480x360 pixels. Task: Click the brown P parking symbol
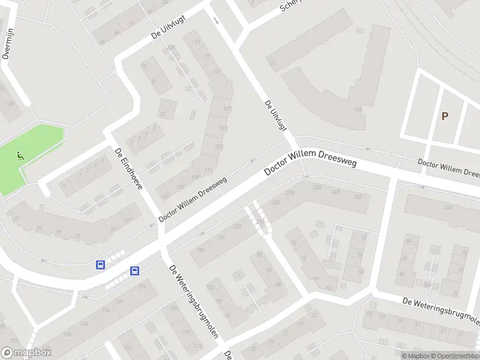coord(445,116)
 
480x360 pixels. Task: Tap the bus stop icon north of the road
coord(101,265)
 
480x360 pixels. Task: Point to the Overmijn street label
coord(7,46)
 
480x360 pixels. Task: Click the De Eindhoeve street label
coord(128,169)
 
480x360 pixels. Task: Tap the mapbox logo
coord(26,353)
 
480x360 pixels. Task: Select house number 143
coord(227,109)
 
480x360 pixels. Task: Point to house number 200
coord(238,226)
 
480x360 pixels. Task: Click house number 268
coord(448,207)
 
